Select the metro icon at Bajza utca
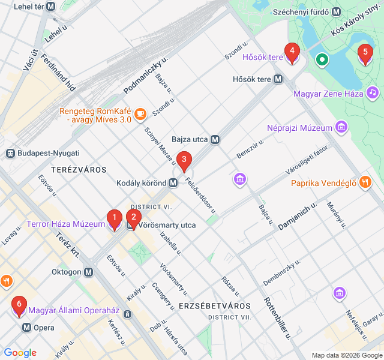[215, 139]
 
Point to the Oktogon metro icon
[89, 272]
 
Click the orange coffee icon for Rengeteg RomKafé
[140, 112]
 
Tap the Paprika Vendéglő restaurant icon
[365, 183]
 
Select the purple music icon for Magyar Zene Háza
[373, 93]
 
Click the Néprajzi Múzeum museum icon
[342, 128]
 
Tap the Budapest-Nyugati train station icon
[10, 153]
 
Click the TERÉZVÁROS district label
[79, 170]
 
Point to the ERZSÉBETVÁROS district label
[214, 306]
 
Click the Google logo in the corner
[19, 353]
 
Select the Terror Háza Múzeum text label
[65, 224]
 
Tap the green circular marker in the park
[322, 59]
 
